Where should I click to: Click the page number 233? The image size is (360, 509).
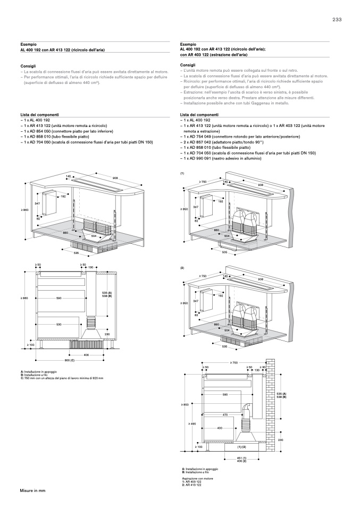pyautogui.click(x=337, y=20)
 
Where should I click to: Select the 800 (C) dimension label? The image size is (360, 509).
pyautogui.click(x=70, y=360)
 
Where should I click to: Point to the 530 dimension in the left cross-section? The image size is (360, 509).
pyautogui.click(x=59, y=324)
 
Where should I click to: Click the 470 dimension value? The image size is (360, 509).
pyautogui.click(x=225, y=414)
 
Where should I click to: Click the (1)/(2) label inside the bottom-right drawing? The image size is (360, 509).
pyautogui.click(x=240, y=447)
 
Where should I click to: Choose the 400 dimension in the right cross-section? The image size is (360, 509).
pyautogui.click(x=219, y=428)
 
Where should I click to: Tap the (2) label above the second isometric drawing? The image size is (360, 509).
pyautogui.click(x=182, y=268)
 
